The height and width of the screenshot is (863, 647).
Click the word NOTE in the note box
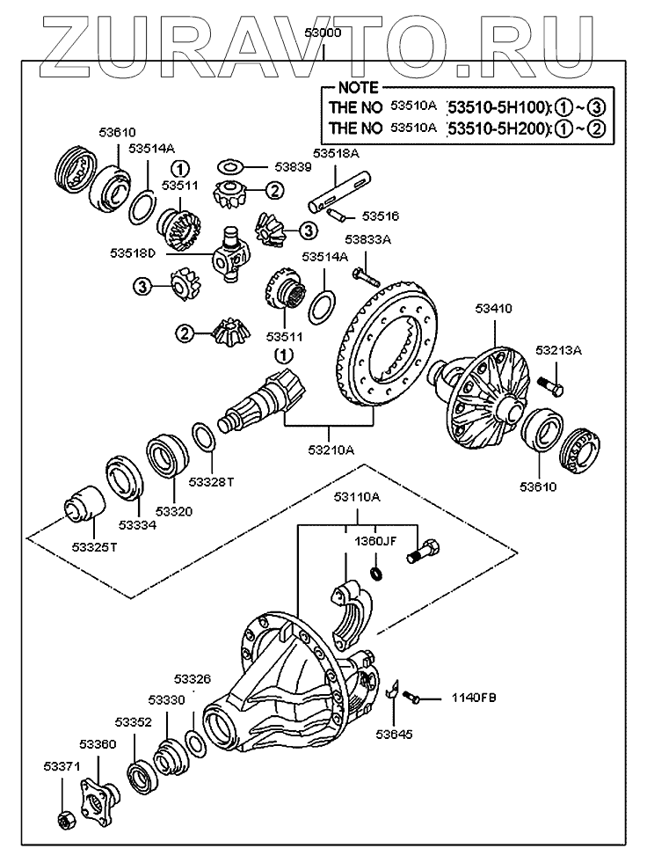tap(358, 88)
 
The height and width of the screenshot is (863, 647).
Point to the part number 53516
tap(381, 216)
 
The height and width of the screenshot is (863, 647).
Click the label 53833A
tap(367, 238)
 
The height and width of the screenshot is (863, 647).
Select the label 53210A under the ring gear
tap(331, 450)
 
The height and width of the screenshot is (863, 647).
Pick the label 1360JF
tap(375, 542)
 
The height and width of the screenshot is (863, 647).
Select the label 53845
tap(392, 732)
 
